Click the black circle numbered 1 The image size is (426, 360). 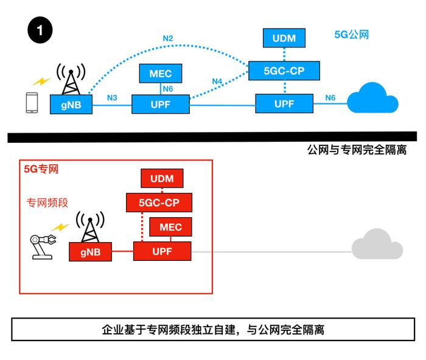[x=40, y=30]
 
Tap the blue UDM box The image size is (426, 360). [x=284, y=38]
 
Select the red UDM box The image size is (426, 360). [x=162, y=178]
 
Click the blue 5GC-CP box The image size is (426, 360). [x=284, y=71]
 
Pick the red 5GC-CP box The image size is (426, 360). [x=159, y=202]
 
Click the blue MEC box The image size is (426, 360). [x=161, y=74]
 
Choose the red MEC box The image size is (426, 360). [x=170, y=227]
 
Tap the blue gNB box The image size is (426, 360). [x=71, y=105]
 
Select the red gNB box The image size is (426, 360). [x=91, y=252]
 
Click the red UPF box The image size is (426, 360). [x=162, y=251]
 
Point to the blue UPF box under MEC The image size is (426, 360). [x=161, y=104]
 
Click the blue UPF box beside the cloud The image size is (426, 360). [x=284, y=103]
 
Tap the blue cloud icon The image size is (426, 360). [x=372, y=98]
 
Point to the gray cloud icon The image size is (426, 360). [x=377, y=244]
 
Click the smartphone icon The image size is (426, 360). [x=32, y=103]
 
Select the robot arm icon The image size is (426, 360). [x=43, y=246]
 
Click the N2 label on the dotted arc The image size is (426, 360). [x=168, y=38]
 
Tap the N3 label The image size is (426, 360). [x=112, y=98]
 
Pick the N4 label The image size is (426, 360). [x=217, y=81]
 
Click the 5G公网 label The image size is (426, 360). [x=352, y=35]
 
